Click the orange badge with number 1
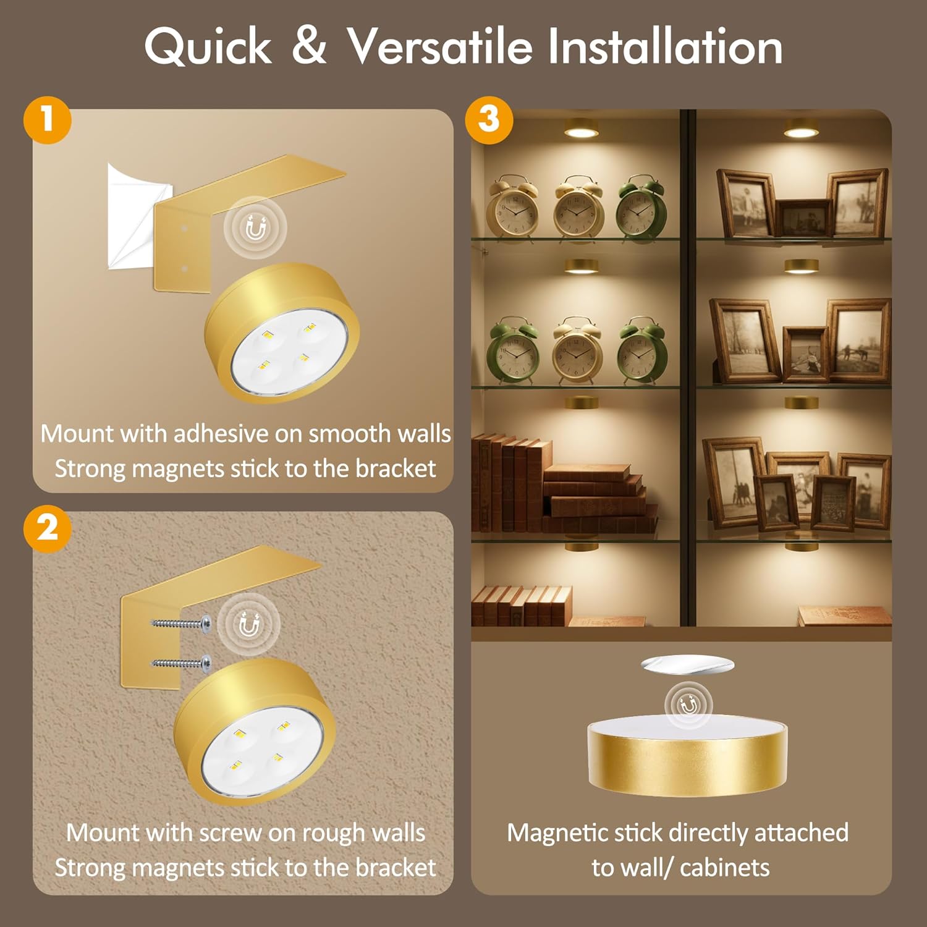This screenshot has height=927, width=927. tap(48, 120)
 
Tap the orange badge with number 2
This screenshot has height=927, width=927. tap(48, 528)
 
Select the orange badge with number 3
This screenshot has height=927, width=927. tap(489, 120)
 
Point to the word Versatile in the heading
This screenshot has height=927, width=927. tap(439, 46)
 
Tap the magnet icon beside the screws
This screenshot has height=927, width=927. tap(249, 626)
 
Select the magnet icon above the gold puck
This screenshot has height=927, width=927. tap(688, 704)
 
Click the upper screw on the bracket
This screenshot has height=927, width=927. tap(180, 624)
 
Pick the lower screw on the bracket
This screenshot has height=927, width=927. tap(180, 664)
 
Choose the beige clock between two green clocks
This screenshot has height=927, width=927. tap(577, 350)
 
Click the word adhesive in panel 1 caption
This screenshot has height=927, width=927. tap(220, 434)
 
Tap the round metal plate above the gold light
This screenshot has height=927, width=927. tap(688, 665)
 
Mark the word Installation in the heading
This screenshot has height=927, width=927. tap(666, 46)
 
